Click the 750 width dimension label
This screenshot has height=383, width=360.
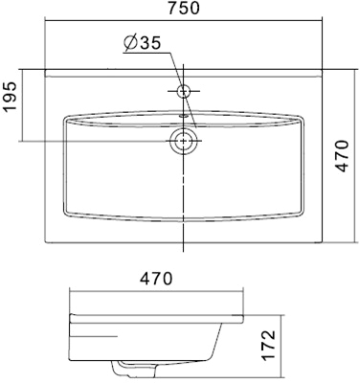[184, 8]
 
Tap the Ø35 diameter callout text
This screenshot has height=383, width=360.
[143, 43]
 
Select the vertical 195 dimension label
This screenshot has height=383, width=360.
[10, 96]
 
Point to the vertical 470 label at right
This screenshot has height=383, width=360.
[343, 155]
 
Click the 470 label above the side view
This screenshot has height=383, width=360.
[156, 279]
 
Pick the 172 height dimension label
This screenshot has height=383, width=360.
[268, 346]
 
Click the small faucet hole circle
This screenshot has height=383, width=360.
[184, 91]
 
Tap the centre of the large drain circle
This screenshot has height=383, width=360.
[184, 141]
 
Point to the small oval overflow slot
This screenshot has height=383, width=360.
[184, 116]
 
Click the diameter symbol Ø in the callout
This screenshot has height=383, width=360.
[130, 43]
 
